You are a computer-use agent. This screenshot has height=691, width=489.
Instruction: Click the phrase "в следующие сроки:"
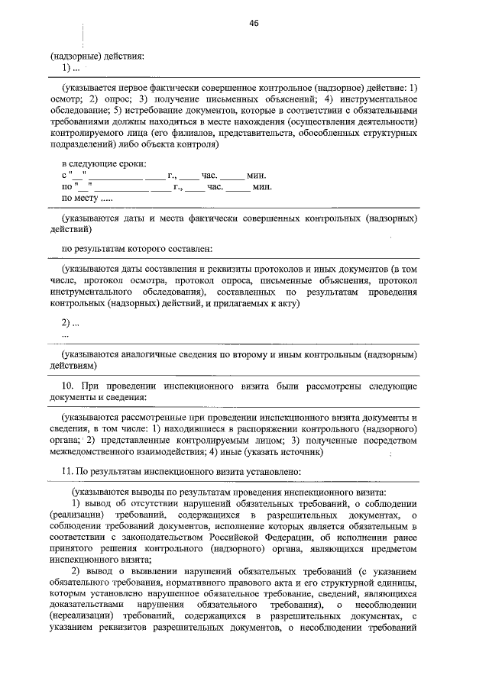pyautogui.click(x=104, y=163)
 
